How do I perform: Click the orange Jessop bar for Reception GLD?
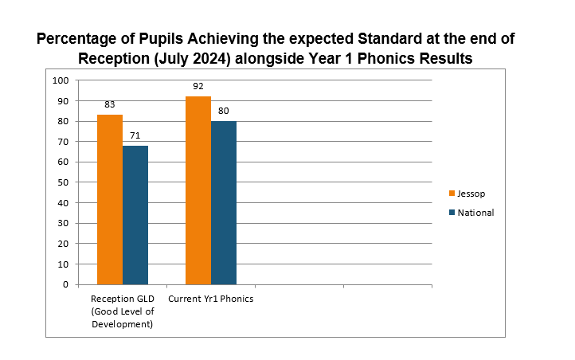click(110, 199)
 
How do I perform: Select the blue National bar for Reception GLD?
click(135, 214)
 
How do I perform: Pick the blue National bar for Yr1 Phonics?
click(224, 202)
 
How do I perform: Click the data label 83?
click(110, 105)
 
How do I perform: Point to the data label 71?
click(135, 135)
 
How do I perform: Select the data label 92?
click(198, 86)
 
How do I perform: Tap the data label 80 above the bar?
click(224, 111)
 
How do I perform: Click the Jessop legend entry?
click(471, 193)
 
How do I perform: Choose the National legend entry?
click(475, 213)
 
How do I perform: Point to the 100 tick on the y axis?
click(61, 80)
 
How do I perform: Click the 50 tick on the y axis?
click(63, 182)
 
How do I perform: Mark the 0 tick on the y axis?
click(65, 284)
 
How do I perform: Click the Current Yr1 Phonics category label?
click(210, 299)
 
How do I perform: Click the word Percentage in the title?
click(84, 39)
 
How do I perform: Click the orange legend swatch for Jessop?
click(452, 193)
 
